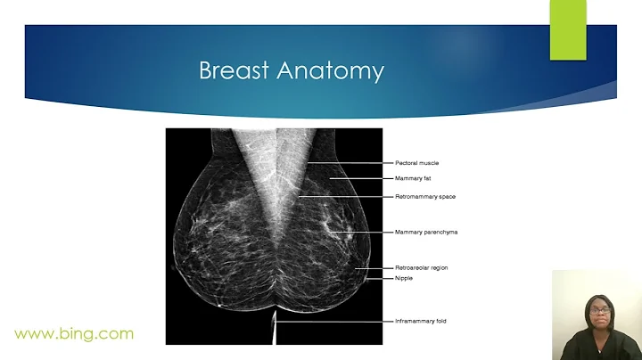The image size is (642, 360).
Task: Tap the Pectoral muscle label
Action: pyautogui.click(x=416, y=163)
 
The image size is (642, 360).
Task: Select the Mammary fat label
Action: pyautogui.click(x=414, y=178)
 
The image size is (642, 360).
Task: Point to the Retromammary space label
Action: pyautogui.click(x=424, y=196)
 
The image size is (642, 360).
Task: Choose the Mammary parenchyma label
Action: pyautogui.click(x=425, y=232)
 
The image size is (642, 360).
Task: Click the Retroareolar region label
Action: pyautogui.click(x=423, y=267)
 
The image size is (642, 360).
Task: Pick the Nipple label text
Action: pyautogui.click(x=404, y=278)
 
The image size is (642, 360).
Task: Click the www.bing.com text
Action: pyautogui.click(x=74, y=334)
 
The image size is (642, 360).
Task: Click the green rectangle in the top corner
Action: pyautogui.click(x=568, y=30)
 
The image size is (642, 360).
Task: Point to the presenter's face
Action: pyautogui.click(x=597, y=312)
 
